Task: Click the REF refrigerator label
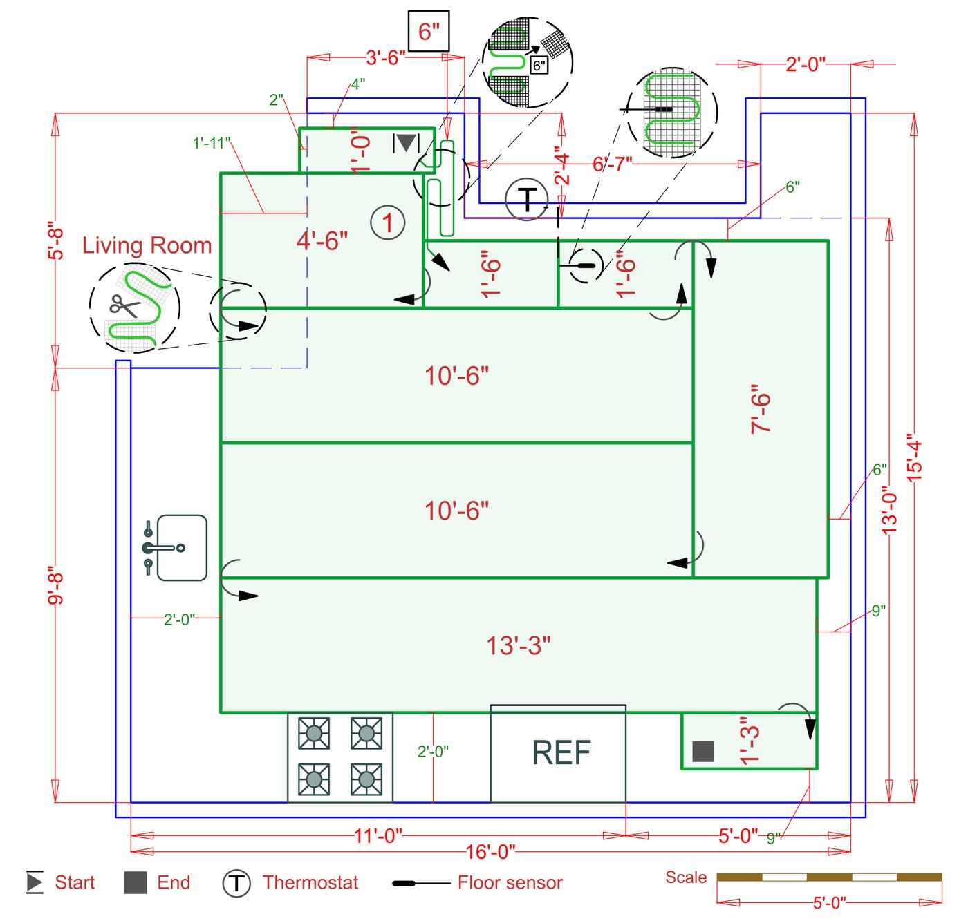click(561, 753)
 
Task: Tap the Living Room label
click(147, 245)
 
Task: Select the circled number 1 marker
click(387, 222)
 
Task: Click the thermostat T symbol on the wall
click(527, 199)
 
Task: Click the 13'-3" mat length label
click(519, 645)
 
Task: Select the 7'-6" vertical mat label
click(760, 409)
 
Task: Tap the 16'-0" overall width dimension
click(490, 851)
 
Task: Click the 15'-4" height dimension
click(914, 457)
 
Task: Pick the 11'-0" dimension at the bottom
click(378, 836)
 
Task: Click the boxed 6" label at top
click(429, 31)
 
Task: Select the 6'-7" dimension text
click(612, 164)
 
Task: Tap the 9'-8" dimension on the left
click(55, 585)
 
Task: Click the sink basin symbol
click(181, 548)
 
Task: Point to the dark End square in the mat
click(702, 751)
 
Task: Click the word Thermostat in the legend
click(310, 882)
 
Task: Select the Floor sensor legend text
click(510, 882)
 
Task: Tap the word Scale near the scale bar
click(685, 877)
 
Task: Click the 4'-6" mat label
click(322, 240)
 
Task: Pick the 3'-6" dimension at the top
click(385, 57)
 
